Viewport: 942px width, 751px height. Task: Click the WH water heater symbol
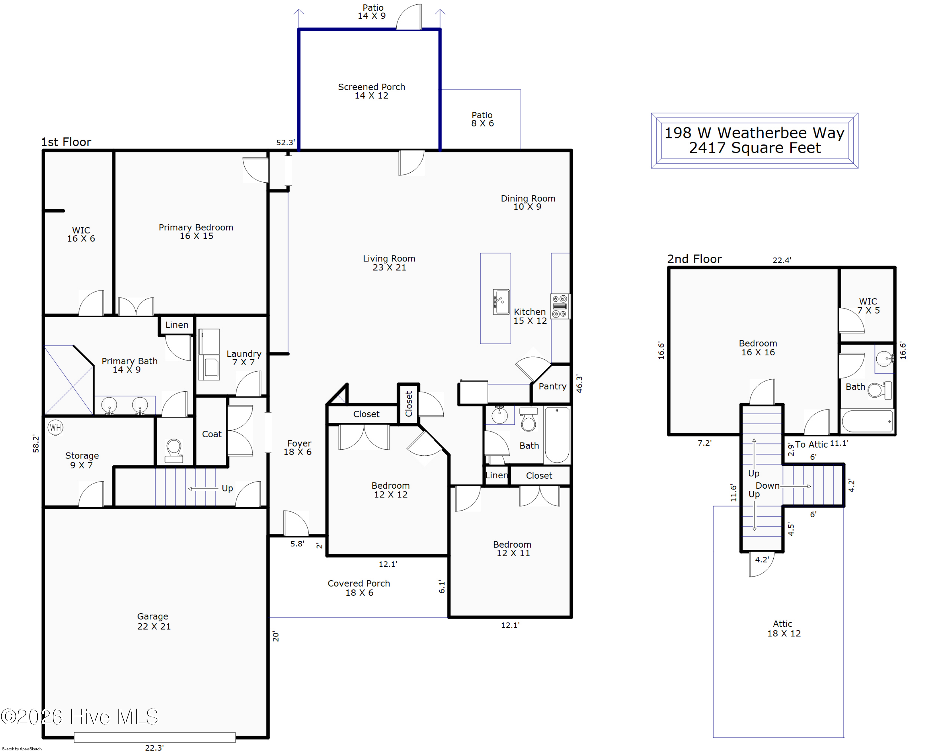[x=55, y=427]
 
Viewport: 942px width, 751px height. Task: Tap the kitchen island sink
[x=501, y=302]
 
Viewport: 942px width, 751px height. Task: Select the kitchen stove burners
[x=560, y=306]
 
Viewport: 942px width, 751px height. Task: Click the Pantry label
[x=552, y=386]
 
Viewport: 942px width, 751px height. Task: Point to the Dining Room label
[x=528, y=199]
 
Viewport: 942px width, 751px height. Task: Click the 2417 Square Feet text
[x=755, y=148]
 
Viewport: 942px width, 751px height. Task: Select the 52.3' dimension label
[x=285, y=143]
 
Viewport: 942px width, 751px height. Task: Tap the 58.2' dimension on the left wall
[x=36, y=444]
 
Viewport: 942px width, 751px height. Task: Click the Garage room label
[x=153, y=616]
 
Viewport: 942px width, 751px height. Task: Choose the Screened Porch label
[x=371, y=87]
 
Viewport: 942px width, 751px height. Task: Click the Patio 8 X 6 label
[x=482, y=119]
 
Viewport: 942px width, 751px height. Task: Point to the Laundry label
[x=244, y=354]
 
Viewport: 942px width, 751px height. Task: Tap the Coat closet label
[x=211, y=434]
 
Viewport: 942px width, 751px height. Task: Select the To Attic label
[x=811, y=444]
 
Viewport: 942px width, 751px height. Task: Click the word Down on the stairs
[x=768, y=485]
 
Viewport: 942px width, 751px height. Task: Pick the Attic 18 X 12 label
[x=784, y=629]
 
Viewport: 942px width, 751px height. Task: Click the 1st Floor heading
[x=66, y=142]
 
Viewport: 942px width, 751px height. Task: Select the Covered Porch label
[x=359, y=584]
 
